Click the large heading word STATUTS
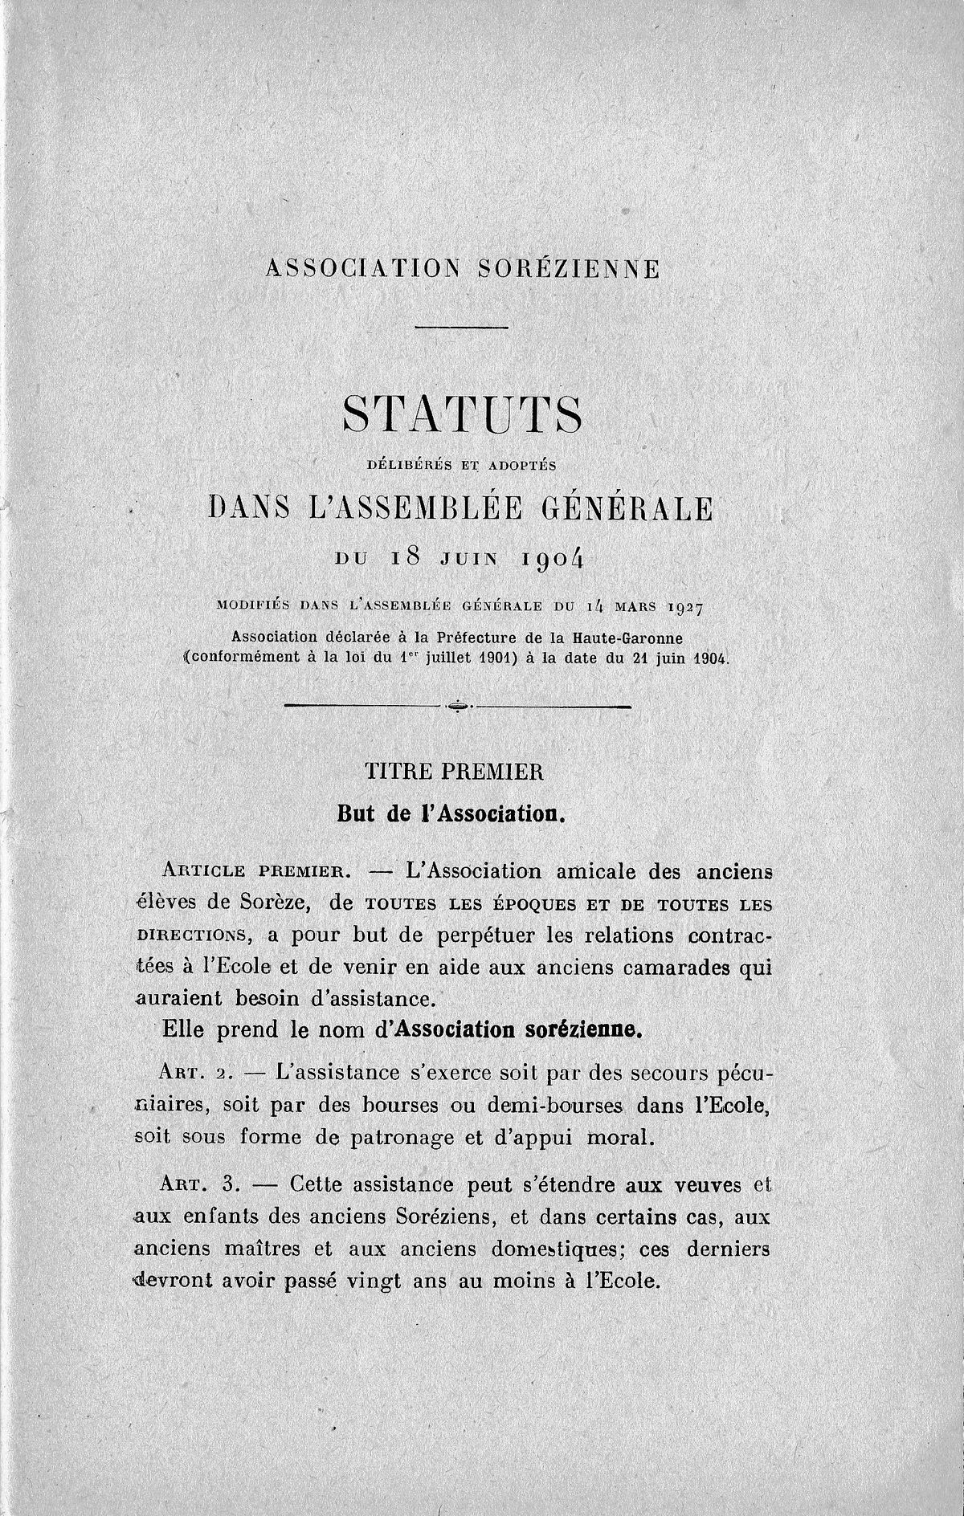[x=462, y=415]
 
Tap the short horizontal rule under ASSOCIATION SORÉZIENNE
[x=462, y=327]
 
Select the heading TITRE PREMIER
[x=455, y=772]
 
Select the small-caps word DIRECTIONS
[x=190, y=935]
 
